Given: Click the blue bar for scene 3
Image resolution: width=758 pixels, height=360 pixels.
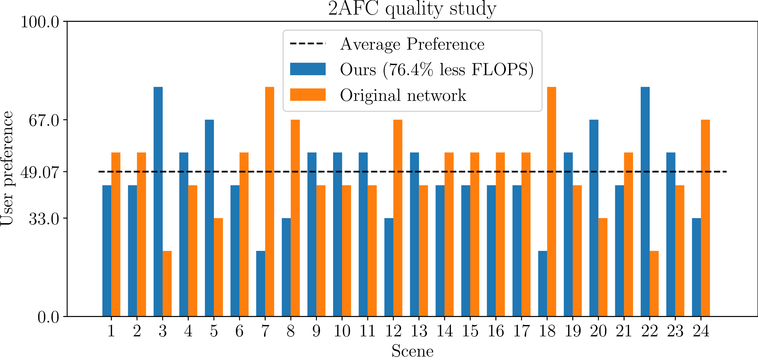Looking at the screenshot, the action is point(158,202).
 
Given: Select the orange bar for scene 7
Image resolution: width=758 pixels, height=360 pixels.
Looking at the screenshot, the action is point(270,202).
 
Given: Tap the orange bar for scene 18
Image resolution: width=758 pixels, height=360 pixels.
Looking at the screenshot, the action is point(552,202).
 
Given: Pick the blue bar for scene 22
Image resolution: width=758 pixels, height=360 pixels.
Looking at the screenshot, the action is point(645,202).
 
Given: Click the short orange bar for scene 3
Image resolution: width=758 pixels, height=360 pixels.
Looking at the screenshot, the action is point(167,284).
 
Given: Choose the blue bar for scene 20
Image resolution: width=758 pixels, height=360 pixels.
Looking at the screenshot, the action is point(594,218).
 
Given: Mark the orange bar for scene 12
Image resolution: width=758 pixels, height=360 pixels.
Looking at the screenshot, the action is point(398,218).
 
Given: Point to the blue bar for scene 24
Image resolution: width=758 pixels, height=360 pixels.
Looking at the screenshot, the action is point(696,267).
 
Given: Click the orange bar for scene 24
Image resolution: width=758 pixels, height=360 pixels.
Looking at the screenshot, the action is point(705,218).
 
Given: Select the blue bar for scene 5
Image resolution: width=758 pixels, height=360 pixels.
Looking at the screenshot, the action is point(209,218).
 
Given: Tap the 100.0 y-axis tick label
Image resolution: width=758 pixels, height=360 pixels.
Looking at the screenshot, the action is point(40,22).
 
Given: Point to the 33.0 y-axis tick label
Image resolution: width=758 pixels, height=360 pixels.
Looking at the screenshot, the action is point(44,218).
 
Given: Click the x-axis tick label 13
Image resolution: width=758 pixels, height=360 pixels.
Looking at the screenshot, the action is point(419,331).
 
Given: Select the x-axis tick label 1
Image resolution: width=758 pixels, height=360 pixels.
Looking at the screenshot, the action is point(111,331).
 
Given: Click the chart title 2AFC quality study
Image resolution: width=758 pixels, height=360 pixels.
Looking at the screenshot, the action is point(412,9).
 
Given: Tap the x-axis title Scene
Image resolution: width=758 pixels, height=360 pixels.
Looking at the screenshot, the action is point(412,351).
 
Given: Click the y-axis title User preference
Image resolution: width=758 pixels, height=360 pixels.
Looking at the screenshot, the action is point(7,168).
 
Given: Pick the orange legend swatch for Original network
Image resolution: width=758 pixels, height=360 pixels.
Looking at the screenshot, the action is point(308,95).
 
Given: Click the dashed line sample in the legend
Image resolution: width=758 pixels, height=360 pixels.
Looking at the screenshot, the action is point(308,44).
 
